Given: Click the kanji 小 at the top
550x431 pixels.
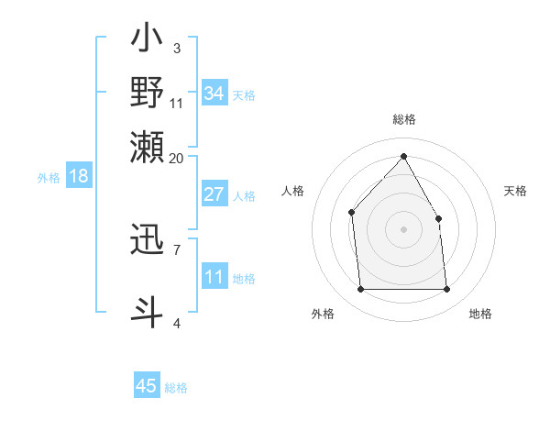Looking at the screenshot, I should [x=148, y=40].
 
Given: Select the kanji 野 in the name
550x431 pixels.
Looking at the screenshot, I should [x=148, y=93].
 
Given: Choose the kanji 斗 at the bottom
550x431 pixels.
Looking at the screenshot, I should [x=148, y=310].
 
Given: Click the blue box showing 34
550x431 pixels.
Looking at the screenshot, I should [x=214, y=94].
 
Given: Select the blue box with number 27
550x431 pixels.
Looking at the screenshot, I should [x=214, y=194].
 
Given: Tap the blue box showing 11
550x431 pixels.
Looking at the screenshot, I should [x=214, y=277].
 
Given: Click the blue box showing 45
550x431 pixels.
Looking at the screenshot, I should [x=147, y=386].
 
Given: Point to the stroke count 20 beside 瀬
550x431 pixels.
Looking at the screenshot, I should [x=177, y=158].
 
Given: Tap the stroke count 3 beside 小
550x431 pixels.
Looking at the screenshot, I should [x=177, y=48].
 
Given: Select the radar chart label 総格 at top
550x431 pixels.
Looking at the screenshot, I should [x=403, y=119].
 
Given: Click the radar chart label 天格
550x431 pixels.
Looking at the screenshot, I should [x=515, y=191].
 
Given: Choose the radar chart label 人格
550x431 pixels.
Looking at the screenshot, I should [x=292, y=191].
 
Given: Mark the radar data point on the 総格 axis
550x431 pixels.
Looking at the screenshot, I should [x=403, y=156].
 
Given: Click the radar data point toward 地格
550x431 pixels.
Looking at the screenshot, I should [x=446, y=290].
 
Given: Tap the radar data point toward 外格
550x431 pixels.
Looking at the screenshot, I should [x=360, y=290].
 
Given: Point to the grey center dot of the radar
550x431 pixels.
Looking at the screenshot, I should [x=403, y=229].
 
